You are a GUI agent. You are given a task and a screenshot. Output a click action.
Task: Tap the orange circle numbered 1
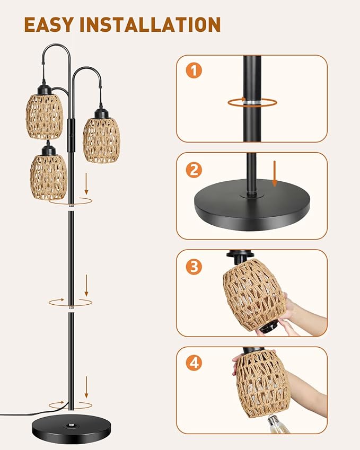pyautogui.click(x=194, y=70)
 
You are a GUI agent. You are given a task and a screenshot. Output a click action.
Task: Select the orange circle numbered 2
pyautogui.click(x=194, y=170)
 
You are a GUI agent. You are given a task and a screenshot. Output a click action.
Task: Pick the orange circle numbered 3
pyautogui.click(x=194, y=267)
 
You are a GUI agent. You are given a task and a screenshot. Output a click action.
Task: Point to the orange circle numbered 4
pyautogui.click(x=194, y=363)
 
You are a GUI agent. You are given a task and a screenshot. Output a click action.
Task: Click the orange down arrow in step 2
pyautogui.click(x=275, y=174)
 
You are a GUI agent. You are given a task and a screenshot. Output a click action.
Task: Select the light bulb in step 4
pyautogui.click(x=279, y=425)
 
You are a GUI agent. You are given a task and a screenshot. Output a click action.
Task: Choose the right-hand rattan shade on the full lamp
pyautogui.click(x=101, y=140)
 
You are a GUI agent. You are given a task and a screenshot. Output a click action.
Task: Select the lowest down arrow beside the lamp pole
pyautogui.click(x=86, y=387)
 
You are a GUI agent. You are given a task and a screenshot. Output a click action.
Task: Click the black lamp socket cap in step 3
pyautogui.click(x=241, y=254)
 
